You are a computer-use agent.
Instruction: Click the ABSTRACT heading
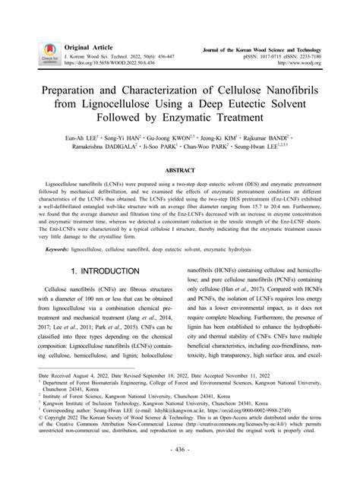[x=180, y=172]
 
